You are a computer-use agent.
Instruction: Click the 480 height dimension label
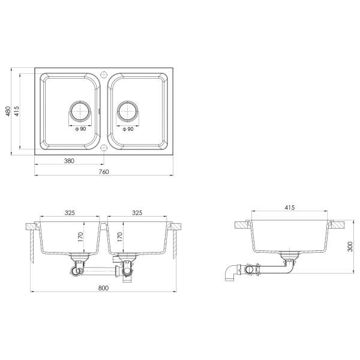coord(8,111)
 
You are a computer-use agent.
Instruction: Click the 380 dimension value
coord(69,161)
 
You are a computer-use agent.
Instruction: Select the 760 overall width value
coord(104,172)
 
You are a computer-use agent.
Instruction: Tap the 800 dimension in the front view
coord(103,288)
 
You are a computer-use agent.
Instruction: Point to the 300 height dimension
coord(350,247)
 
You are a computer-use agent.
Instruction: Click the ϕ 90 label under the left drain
coord(80,129)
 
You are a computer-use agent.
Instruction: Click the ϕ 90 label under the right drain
coord(128,129)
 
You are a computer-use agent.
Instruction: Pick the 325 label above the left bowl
coord(70,213)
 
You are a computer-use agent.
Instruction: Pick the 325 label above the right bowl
coord(137,213)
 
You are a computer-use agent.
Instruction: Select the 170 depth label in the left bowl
coord(80,237)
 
